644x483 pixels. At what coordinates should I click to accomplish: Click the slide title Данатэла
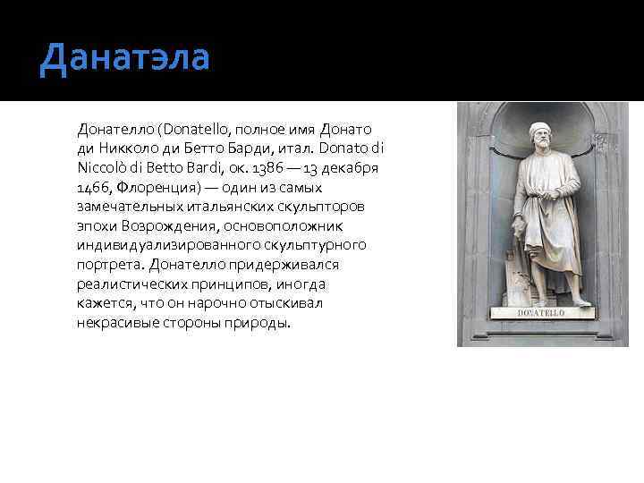click(x=124, y=59)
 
